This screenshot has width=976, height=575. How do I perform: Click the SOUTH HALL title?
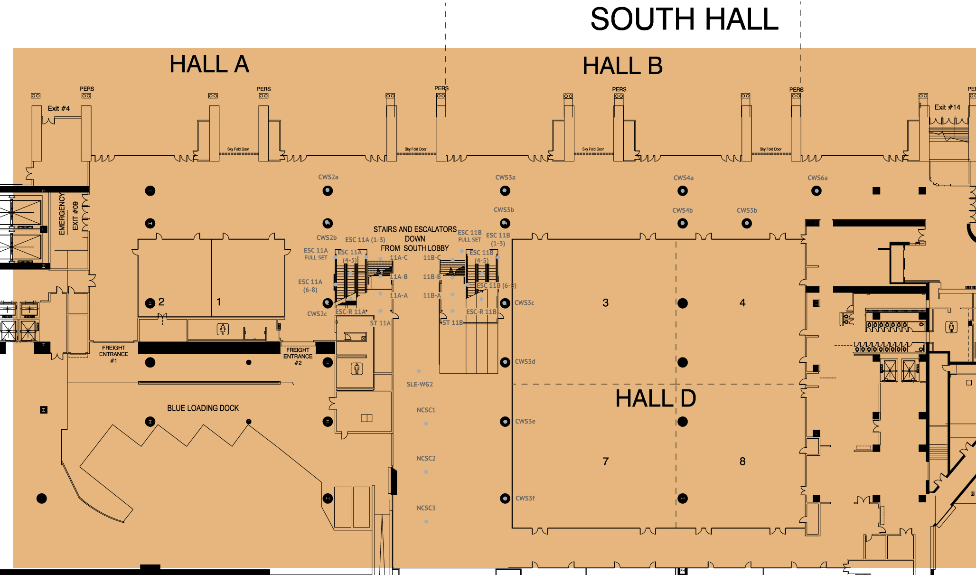pyautogui.click(x=684, y=19)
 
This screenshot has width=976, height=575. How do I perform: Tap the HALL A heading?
pyautogui.click(x=209, y=64)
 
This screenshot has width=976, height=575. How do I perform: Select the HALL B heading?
pyautogui.click(x=622, y=66)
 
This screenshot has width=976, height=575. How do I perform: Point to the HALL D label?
pyautogui.click(x=656, y=398)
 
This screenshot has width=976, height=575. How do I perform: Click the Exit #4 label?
pyautogui.click(x=58, y=108)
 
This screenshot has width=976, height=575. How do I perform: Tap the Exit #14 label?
pyautogui.click(x=947, y=107)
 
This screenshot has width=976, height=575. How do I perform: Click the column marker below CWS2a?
pyautogui.click(x=328, y=191)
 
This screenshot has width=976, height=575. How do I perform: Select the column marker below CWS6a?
pyautogui.click(x=816, y=191)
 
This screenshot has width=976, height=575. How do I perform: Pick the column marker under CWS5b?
pyautogui.click(x=746, y=223)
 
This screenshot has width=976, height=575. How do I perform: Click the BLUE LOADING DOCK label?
pyautogui.click(x=203, y=408)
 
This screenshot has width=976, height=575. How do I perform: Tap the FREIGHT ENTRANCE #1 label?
pyautogui.click(x=113, y=354)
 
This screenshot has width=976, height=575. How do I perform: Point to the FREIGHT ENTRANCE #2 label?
pyautogui.click(x=298, y=356)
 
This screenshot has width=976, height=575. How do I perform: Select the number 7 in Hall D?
pyautogui.click(x=605, y=461)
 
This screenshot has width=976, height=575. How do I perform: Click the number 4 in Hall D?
pyautogui.click(x=742, y=303)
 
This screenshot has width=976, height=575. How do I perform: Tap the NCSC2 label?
pyautogui.click(x=426, y=458)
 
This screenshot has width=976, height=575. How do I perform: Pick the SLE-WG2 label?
pyautogui.click(x=420, y=384)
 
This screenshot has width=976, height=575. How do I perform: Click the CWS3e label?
pyautogui.click(x=525, y=421)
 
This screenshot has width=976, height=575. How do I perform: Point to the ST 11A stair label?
pyautogui.click(x=380, y=323)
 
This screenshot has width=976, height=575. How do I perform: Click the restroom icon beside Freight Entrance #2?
pyautogui.click(x=357, y=368)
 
